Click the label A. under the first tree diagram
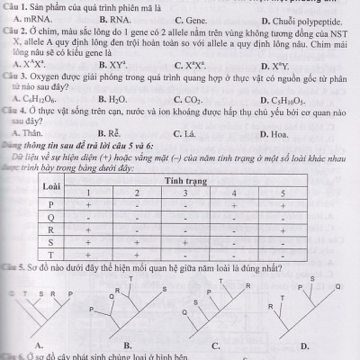[40, 345]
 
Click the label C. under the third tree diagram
[217, 345]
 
